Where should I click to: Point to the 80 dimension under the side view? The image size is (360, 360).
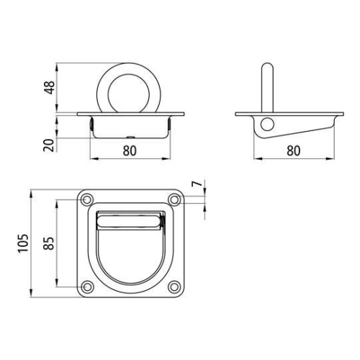pyautogui.click(x=292, y=152)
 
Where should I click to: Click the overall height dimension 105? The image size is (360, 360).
pyautogui.click(x=24, y=245)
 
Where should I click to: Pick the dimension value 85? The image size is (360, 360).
pyautogui.click(x=50, y=245)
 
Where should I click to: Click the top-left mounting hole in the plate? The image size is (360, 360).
pyautogui.click(x=87, y=199)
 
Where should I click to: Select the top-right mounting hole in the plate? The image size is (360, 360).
pyautogui.click(x=174, y=199)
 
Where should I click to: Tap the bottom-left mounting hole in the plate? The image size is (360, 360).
pyautogui.click(x=87, y=288)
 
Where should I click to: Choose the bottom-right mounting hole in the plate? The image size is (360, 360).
pyautogui.click(x=174, y=288)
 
